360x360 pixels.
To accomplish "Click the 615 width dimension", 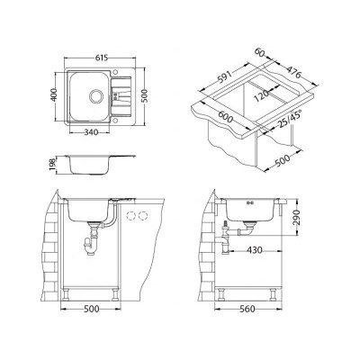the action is [102, 58].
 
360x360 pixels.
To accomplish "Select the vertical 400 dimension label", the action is [54, 94].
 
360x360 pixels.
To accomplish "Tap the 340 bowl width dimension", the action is [92, 132].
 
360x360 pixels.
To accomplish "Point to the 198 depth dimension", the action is [52, 165].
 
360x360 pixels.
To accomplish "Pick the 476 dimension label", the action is [292, 72].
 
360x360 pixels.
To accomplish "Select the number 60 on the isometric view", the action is [259, 52].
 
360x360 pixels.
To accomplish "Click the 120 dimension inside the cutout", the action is [261, 94].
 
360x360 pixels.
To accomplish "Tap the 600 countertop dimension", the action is [225, 116].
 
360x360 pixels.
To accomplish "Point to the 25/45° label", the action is [285, 120].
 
